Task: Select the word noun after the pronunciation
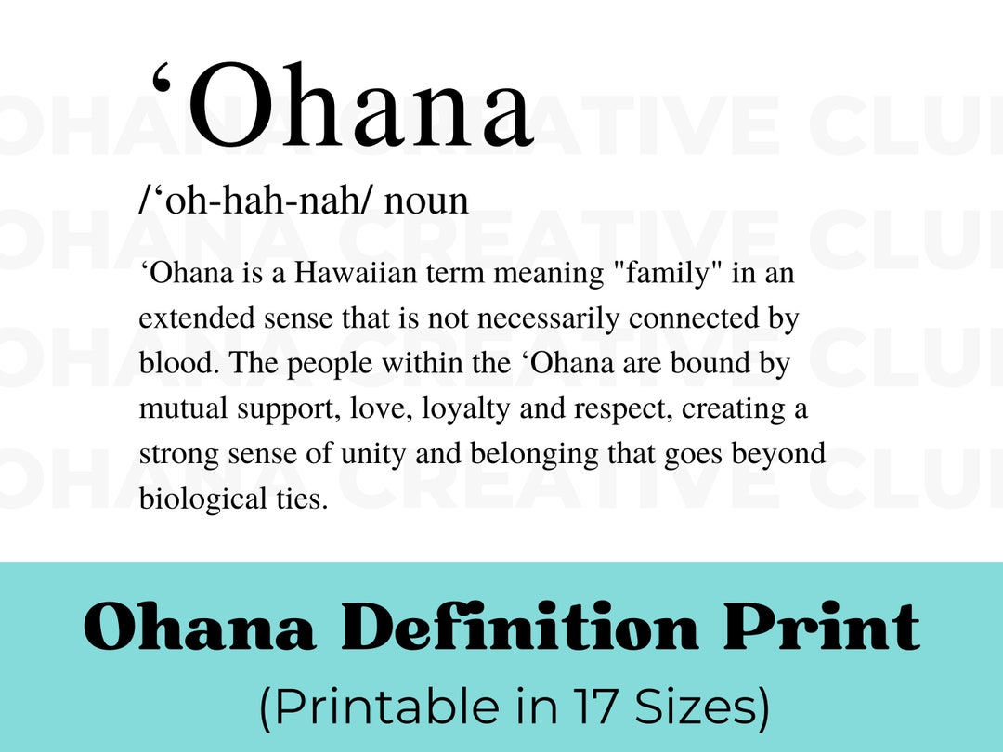tap(426, 201)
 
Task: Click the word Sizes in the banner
tap(701, 708)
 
